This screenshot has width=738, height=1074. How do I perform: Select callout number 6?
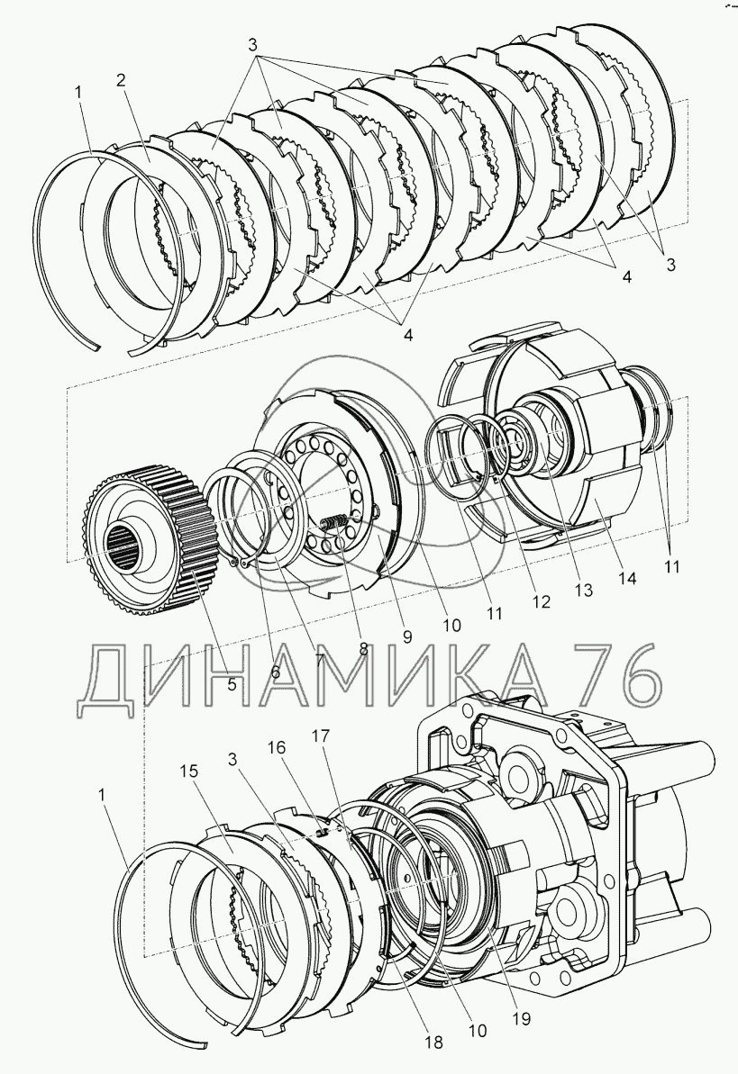(275, 671)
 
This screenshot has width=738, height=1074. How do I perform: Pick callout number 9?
(407, 636)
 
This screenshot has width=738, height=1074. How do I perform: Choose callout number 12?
(541, 602)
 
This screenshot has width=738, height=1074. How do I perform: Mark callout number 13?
(584, 591)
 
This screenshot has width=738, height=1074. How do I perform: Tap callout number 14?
(627, 578)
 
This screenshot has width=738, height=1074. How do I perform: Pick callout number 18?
(433, 1042)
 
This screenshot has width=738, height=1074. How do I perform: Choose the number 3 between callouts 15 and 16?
(232, 760)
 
